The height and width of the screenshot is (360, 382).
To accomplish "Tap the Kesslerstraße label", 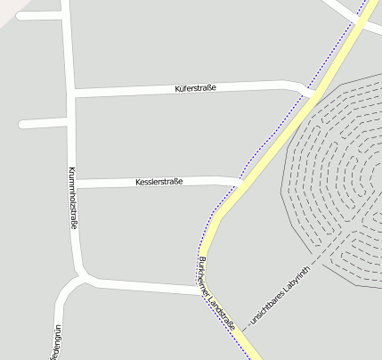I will point(158,182).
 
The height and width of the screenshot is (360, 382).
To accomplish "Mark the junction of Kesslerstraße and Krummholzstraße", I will point(76,184).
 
